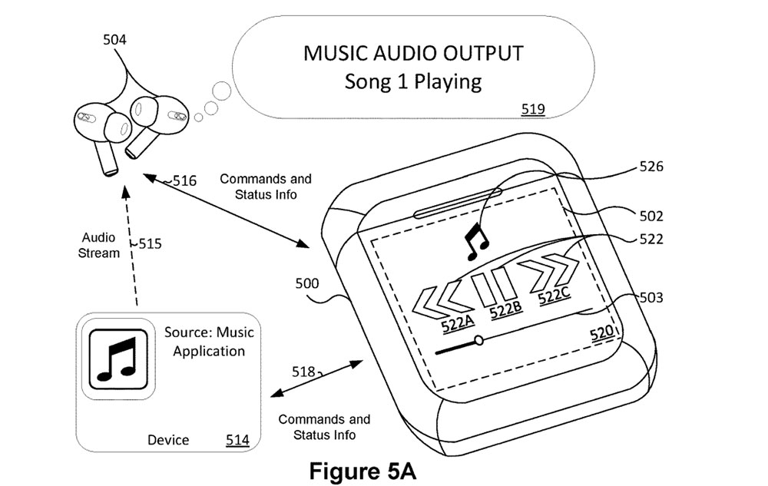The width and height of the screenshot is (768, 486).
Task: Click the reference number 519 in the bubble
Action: coord(533,109)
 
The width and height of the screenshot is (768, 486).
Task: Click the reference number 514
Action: coord(237,440)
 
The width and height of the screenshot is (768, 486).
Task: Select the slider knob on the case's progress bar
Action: coord(478,339)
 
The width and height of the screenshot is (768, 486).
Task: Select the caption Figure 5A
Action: coord(362,470)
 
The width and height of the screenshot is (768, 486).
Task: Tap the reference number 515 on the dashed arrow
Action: coord(150,244)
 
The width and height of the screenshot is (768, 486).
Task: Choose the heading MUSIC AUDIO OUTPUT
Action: coord(413,54)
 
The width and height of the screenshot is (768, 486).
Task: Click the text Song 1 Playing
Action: coord(412,81)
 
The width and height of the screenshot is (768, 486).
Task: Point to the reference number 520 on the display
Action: coord(601,332)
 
